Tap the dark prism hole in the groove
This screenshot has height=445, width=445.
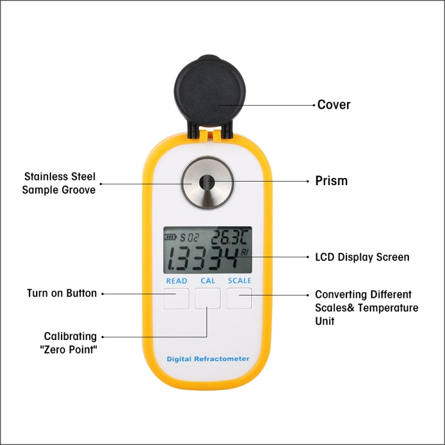tap(207, 182)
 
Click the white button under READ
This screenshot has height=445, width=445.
tap(176, 298)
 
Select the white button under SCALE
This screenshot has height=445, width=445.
tap(239, 298)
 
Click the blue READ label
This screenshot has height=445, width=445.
tap(176, 281)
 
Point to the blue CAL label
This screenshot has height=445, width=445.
tap(208, 281)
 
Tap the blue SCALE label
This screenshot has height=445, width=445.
tap(240, 281)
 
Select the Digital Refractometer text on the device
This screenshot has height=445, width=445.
tap(208, 359)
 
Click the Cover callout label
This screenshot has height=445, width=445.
tap(334, 105)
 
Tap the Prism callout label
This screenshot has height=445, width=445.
tap(331, 181)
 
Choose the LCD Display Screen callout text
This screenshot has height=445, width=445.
tap(362, 258)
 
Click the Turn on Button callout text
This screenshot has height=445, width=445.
tap(62, 293)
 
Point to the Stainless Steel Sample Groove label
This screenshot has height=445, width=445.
tap(59, 183)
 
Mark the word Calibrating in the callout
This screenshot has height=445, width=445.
tap(70, 336)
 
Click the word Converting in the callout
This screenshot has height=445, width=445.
tap(341, 294)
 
